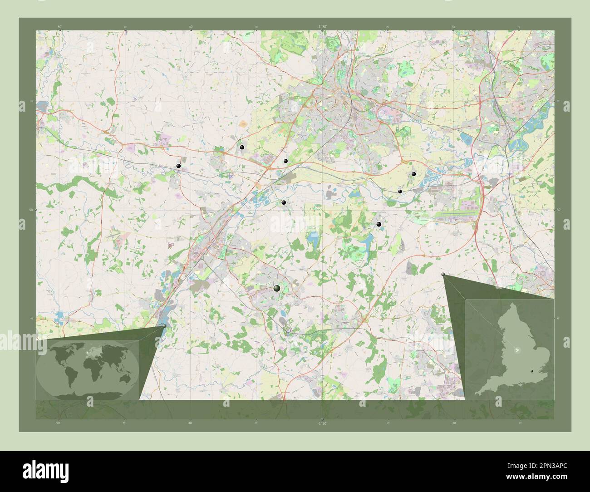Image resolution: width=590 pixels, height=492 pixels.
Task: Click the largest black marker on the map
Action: tap(277, 288)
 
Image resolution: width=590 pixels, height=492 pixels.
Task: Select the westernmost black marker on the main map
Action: tap(179, 166)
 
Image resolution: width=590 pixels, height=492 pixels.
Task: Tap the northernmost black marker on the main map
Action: tap(242, 147)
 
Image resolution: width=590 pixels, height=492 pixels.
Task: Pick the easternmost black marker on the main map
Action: tap(413, 174)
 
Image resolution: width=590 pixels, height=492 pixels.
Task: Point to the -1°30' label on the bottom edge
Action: tap(322, 423)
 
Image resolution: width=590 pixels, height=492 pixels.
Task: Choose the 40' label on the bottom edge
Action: tap(190, 423)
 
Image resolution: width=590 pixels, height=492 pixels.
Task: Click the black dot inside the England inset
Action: tap(532, 371)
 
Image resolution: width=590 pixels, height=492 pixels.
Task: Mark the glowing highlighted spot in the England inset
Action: tap(516, 350)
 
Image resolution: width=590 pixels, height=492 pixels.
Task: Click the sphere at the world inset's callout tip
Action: tap(164, 325)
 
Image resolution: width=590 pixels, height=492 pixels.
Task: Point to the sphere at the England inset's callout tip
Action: tap(443, 275)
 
